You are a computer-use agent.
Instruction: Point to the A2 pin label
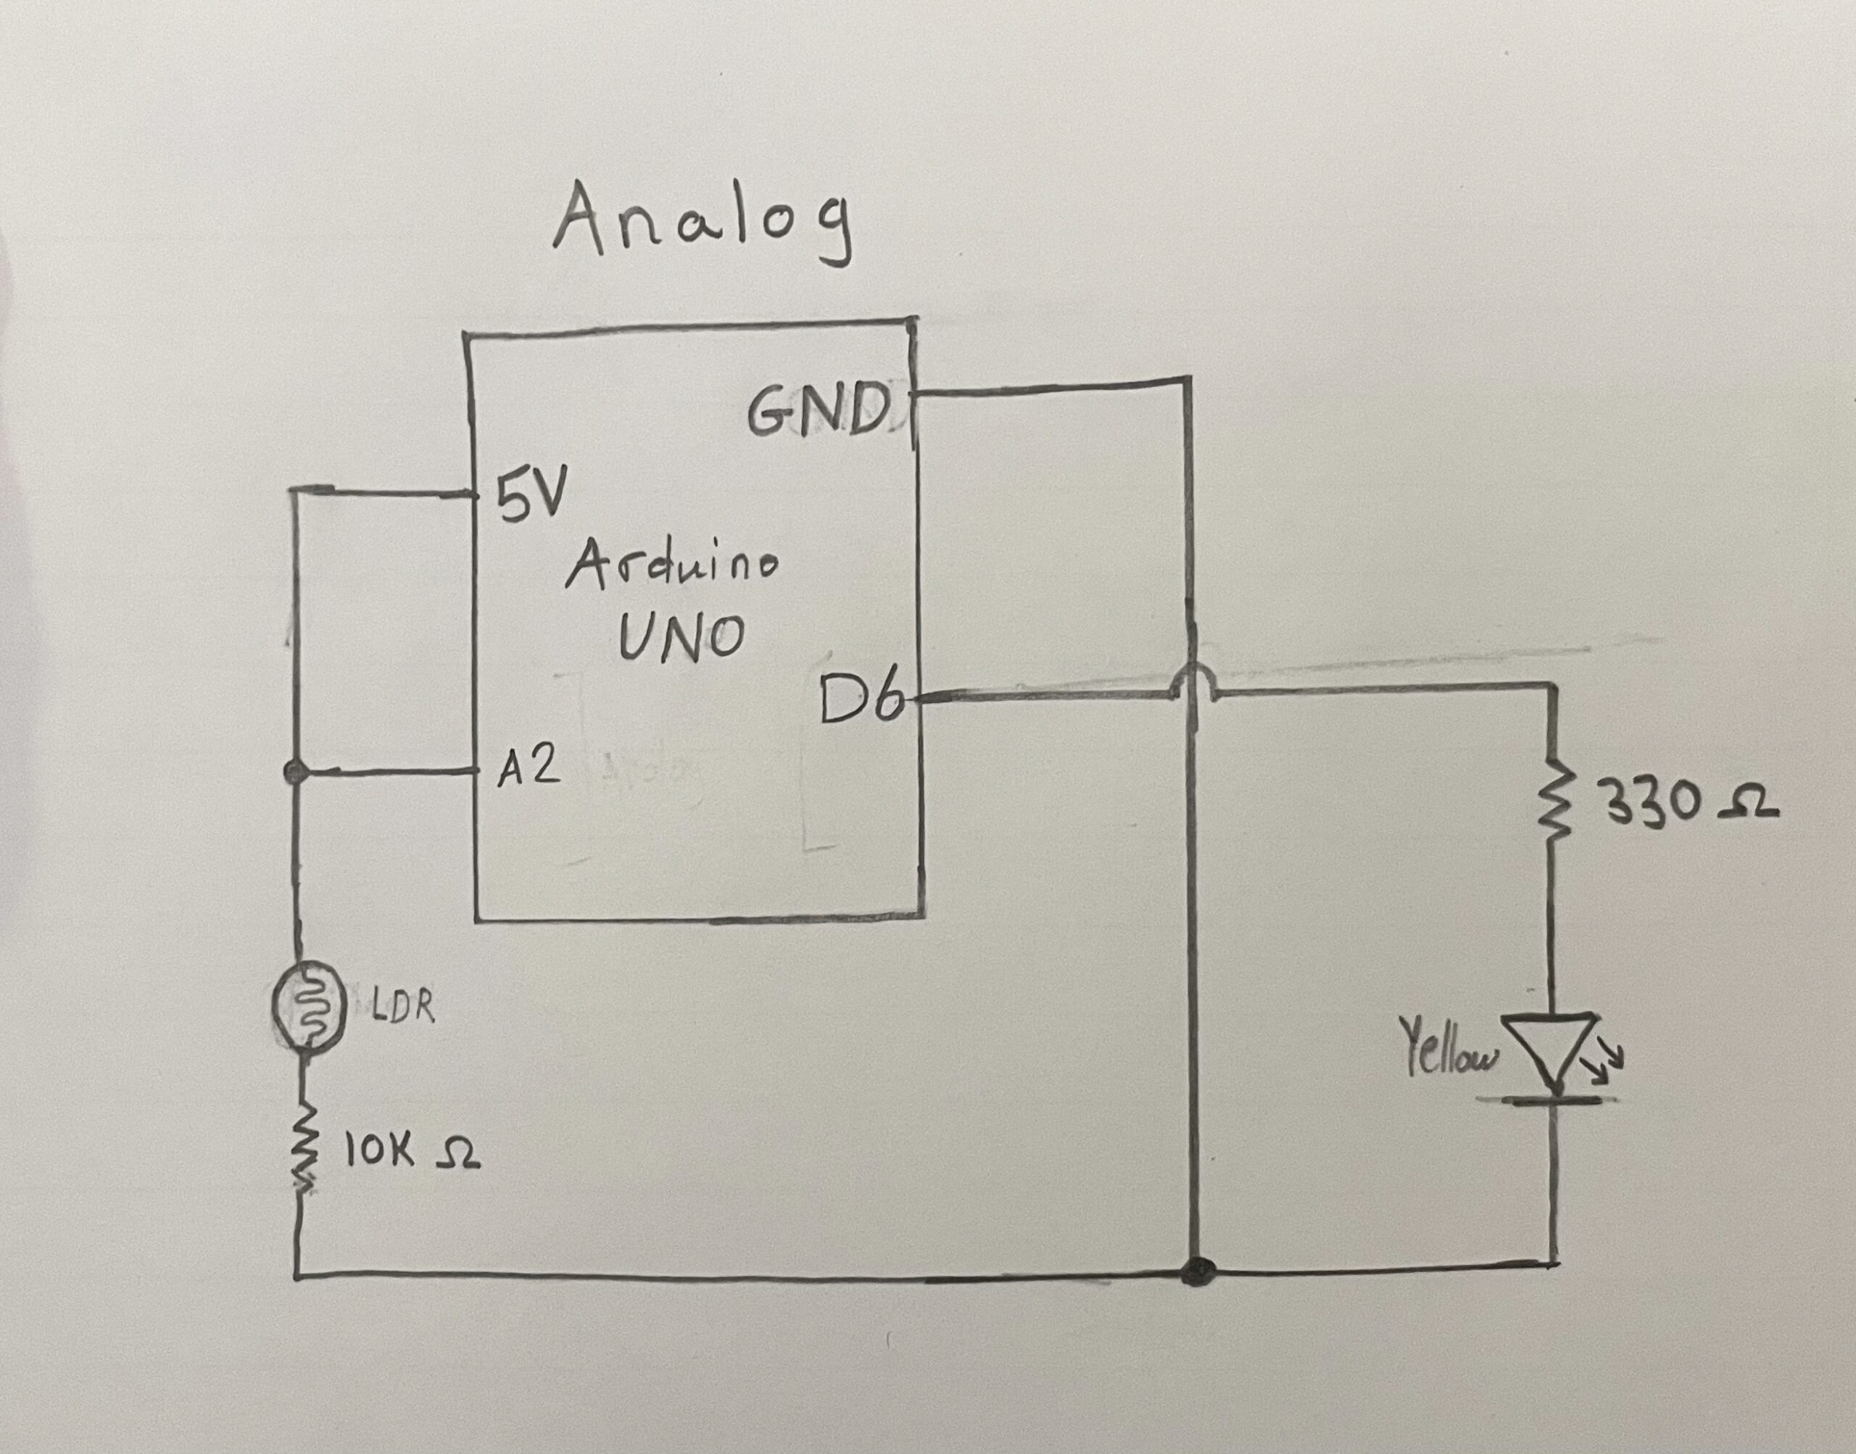(529, 769)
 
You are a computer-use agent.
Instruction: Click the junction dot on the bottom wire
(1198, 1296)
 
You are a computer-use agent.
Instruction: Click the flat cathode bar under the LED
(1553, 1101)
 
